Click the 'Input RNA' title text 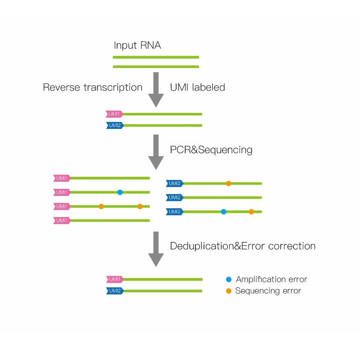pos(137,45)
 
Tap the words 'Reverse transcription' pos(93,88)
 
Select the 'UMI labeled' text pos(197,87)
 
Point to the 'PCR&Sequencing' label pos(211,150)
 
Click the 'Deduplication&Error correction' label pos(243,246)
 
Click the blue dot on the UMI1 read pos(120,192)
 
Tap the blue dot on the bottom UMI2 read pos(224,212)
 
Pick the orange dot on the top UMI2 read pos(228,183)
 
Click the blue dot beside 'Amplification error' pos(229,279)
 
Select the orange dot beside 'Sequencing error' pos(229,291)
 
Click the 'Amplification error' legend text pos(271,279)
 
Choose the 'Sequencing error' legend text pos(268,291)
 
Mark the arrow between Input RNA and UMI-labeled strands pos(156,90)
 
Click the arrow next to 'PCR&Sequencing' pos(156,152)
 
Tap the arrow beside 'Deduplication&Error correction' pos(156,249)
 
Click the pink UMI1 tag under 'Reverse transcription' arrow pos(114,114)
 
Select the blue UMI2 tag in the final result pos(115,291)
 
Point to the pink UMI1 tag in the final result pos(114,279)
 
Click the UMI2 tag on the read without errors pos(174,197)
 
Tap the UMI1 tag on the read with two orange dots pos(62,206)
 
